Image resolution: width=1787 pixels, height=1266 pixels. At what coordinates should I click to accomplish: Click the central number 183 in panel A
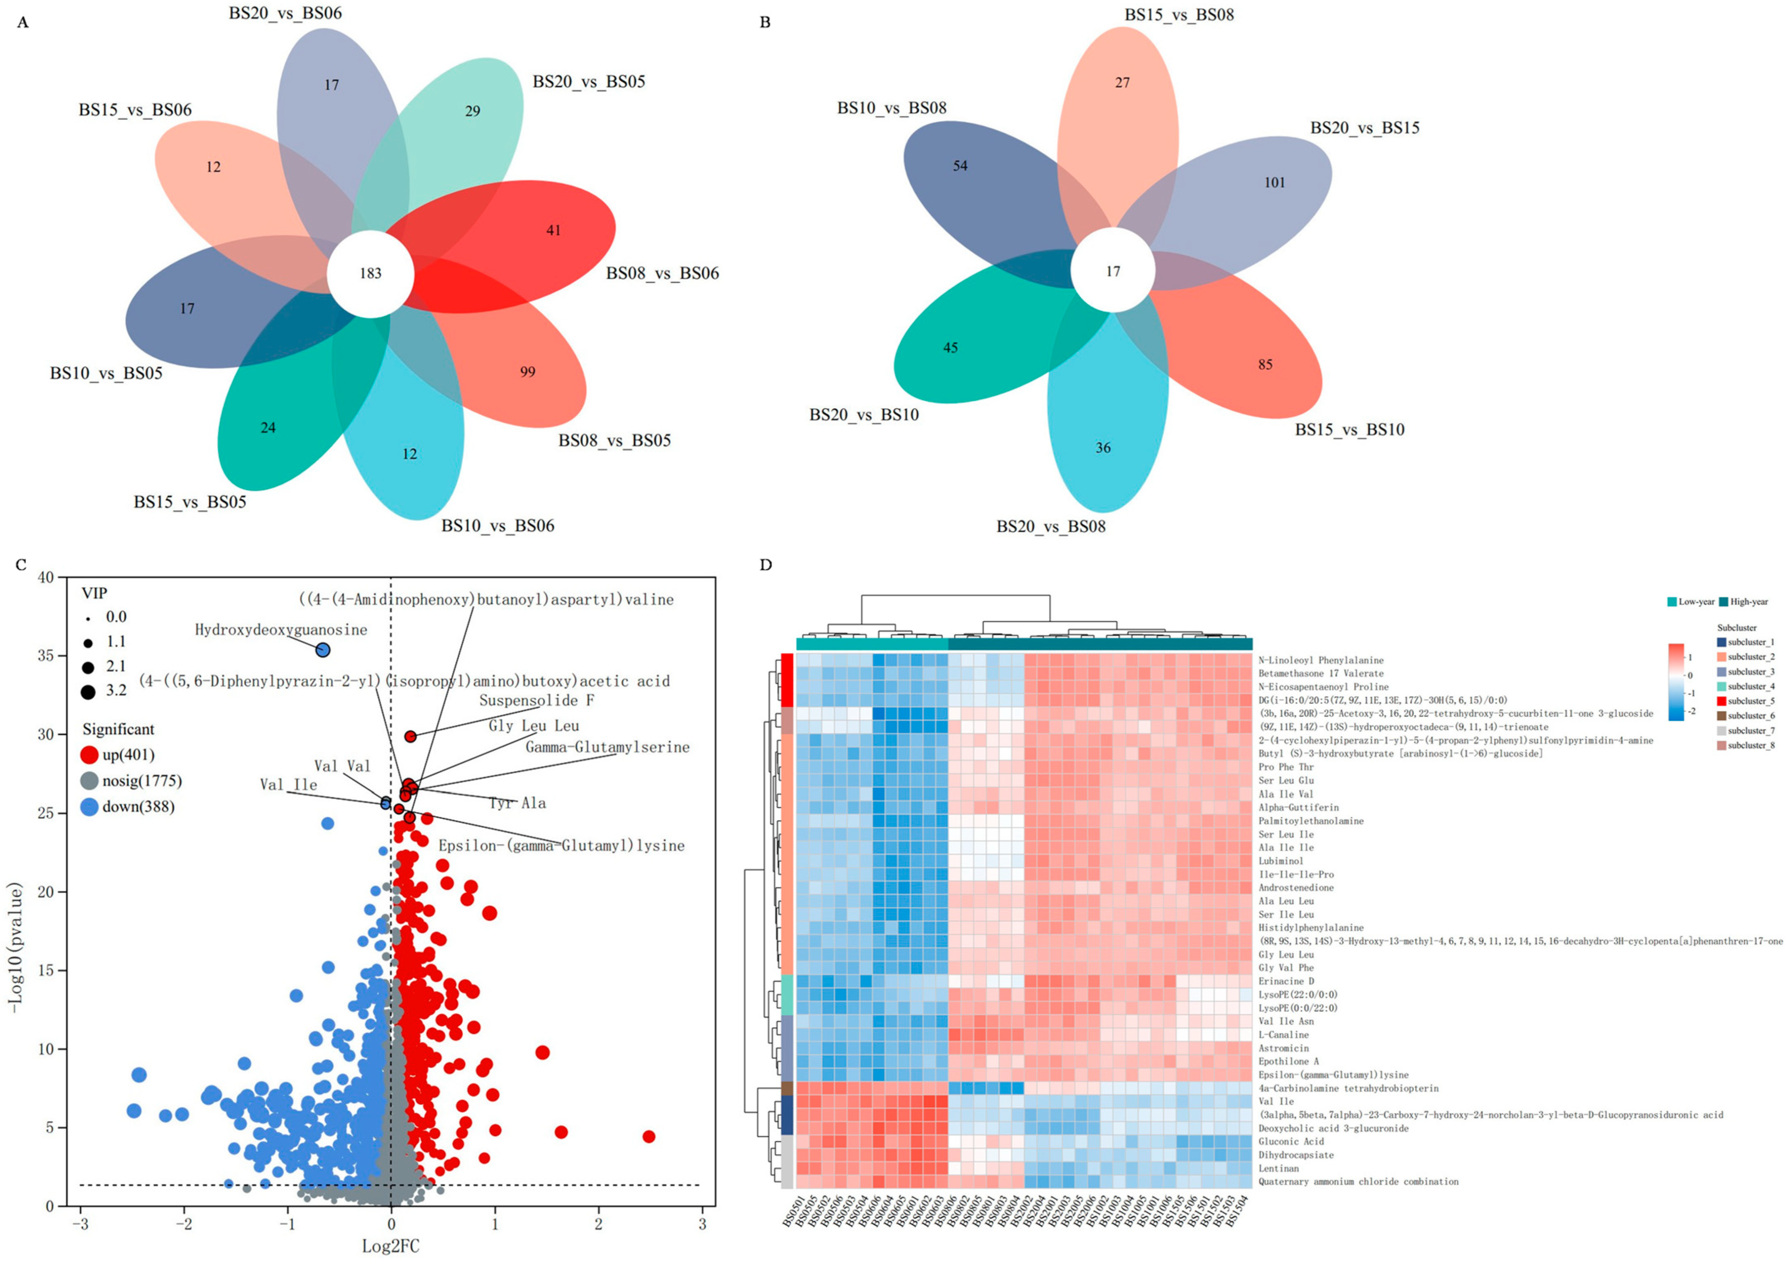pos(370,273)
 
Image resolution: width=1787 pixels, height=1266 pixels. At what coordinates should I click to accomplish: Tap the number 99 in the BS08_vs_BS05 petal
pos(528,372)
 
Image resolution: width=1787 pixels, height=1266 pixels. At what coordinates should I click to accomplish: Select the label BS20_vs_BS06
pos(285,13)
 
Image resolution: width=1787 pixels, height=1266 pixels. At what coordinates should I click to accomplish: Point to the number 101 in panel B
pos(1274,183)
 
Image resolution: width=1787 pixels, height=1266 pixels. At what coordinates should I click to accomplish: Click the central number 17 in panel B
pos(1113,271)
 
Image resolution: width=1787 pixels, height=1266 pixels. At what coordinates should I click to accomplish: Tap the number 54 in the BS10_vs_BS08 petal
pos(960,166)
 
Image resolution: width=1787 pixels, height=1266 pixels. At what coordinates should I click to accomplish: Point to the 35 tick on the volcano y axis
pos(46,656)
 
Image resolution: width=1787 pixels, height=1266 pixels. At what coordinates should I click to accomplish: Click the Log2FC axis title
pos(390,1246)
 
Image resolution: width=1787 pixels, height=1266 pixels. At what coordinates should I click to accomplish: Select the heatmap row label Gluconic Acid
pos(1291,1141)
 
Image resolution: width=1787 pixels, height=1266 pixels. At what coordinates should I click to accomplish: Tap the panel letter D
pos(766,564)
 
